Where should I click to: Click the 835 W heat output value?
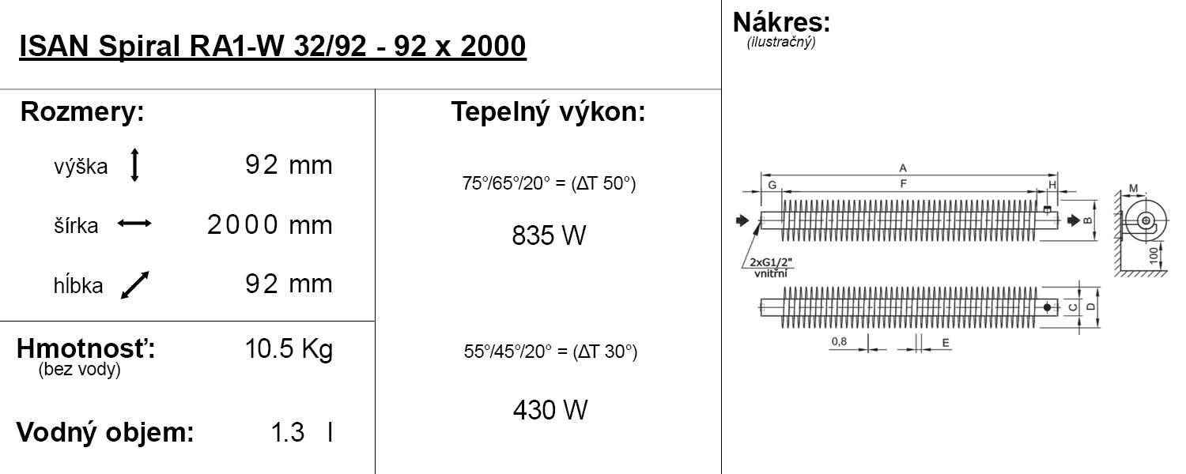(549, 235)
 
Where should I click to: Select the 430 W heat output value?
(550, 410)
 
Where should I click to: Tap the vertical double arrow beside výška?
(134, 165)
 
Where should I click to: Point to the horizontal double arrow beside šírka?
(134, 224)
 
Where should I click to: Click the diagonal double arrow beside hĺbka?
(135, 285)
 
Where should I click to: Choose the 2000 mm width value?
(270, 225)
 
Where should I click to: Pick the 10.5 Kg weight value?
(289, 349)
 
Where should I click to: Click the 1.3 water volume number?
(288, 432)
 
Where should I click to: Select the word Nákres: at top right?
(781, 22)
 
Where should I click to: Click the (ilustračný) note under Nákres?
(781, 42)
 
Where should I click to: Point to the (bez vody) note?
(79, 369)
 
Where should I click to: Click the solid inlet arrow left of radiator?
(743, 220)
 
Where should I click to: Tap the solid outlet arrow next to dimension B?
(1074, 220)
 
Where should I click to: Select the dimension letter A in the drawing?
(903, 167)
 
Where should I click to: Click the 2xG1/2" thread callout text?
(771, 261)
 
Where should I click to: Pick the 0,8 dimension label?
(839, 341)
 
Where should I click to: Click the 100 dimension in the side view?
(1154, 255)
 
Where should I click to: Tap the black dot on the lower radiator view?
(1047, 307)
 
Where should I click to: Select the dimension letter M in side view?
(1134, 188)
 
